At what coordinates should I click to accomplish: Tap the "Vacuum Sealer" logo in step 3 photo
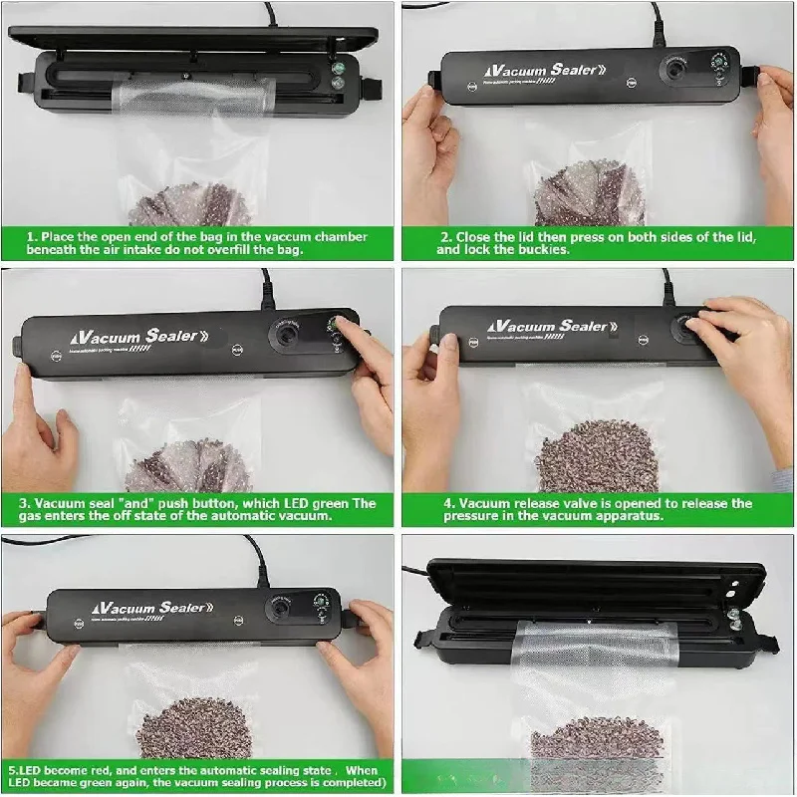pyautogui.click(x=134, y=335)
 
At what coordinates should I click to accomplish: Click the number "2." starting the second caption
pyautogui.click(x=447, y=236)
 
